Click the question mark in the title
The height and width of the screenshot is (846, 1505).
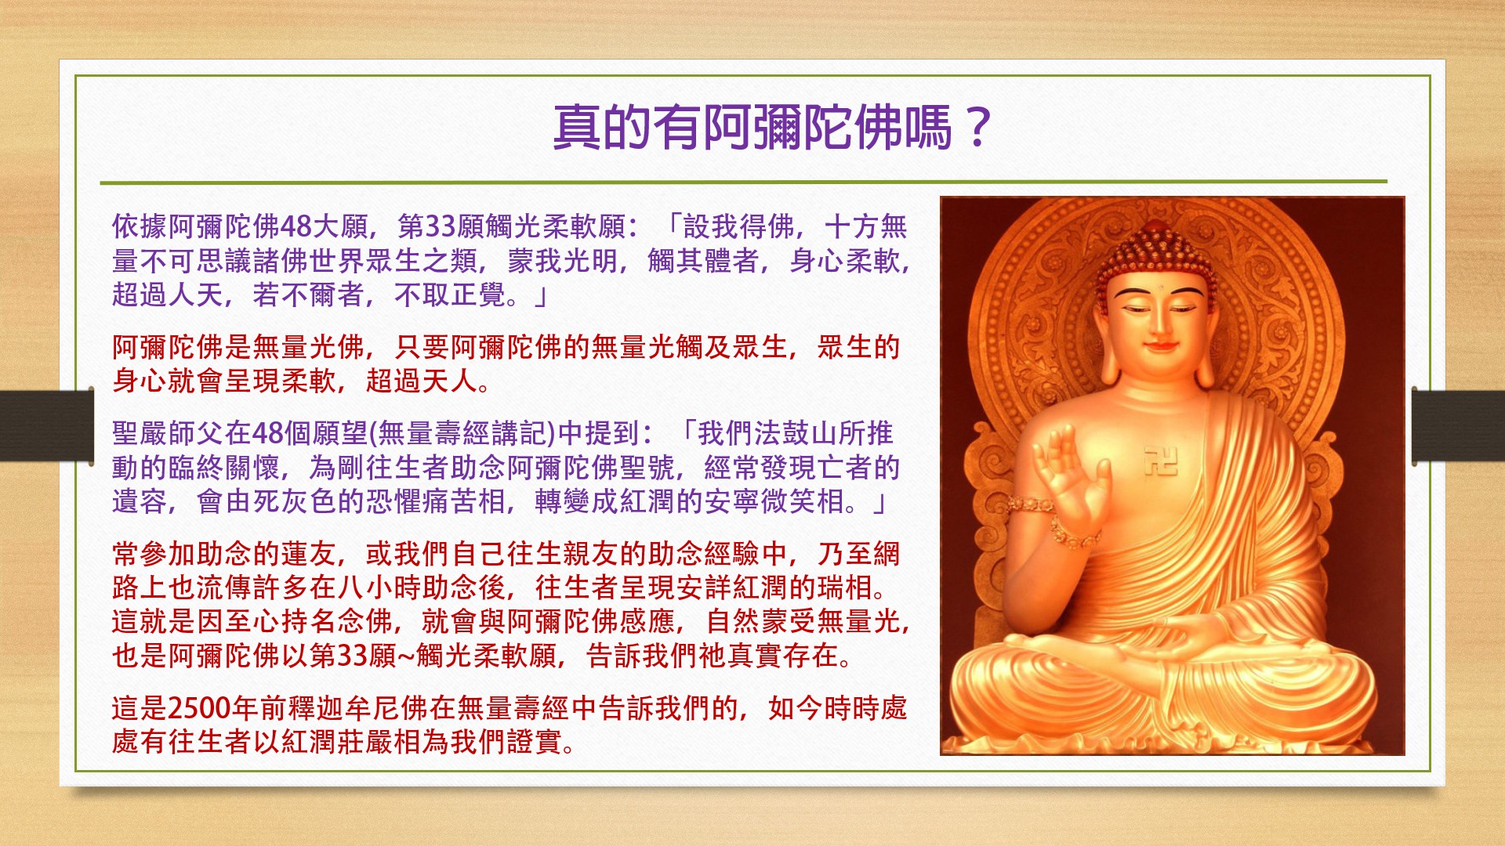(x=977, y=128)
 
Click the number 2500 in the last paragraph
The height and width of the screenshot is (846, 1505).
(x=199, y=708)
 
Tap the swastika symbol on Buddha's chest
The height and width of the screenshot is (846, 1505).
(x=1160, y=461)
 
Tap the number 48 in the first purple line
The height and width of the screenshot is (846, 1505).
(x=296, y=227)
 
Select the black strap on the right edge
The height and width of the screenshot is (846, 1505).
(x=1458, y=425)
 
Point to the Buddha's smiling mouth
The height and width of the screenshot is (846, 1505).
(x=1155, y=345)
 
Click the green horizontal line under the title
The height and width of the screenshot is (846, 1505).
(x=743, y=182)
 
